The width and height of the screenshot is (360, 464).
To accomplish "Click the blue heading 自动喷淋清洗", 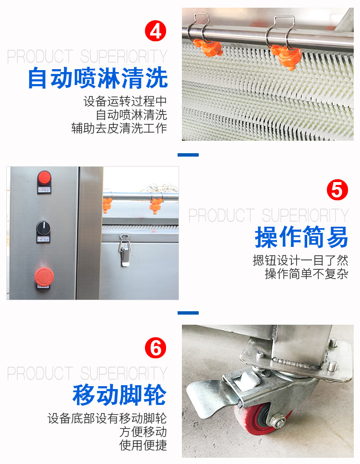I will [98, 78].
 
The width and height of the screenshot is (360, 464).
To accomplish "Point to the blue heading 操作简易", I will [301, 237].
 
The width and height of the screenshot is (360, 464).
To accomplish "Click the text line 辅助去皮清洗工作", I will [119, 128].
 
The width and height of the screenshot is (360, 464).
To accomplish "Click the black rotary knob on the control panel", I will [43, 228].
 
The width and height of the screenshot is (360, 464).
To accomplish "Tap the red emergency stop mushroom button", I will [44, 276].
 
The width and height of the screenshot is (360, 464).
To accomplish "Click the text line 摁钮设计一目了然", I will [300, 260].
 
